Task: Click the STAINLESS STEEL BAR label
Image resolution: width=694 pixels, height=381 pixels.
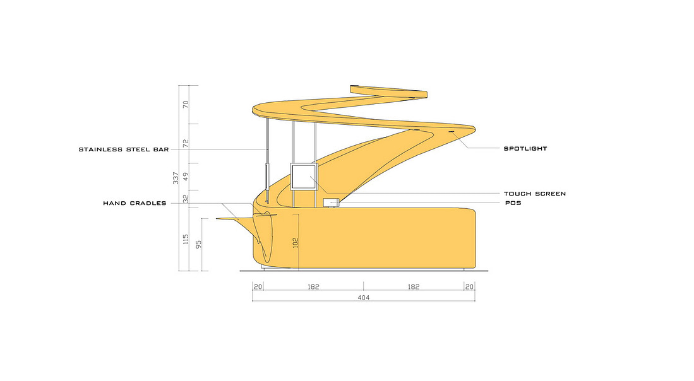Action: [x=124, y=149]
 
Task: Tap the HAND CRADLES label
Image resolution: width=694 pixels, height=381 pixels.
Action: [x=135, y=203]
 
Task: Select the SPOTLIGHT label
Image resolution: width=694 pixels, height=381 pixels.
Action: [x=525, y=148]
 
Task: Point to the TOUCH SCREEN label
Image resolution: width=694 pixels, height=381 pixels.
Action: [x=535, y=194]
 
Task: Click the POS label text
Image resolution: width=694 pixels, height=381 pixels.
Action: [x=513, y=203]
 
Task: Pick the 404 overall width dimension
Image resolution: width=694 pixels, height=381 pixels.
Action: [x=363, y=298]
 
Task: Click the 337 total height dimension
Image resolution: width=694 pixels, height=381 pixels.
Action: [x=176, y=178]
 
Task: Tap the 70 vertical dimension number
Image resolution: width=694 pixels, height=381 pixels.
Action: [x=186, y=104]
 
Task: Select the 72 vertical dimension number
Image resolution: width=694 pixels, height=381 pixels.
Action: [x=186, y=144]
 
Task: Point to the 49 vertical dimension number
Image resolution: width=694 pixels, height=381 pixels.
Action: [x=186, y=177]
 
